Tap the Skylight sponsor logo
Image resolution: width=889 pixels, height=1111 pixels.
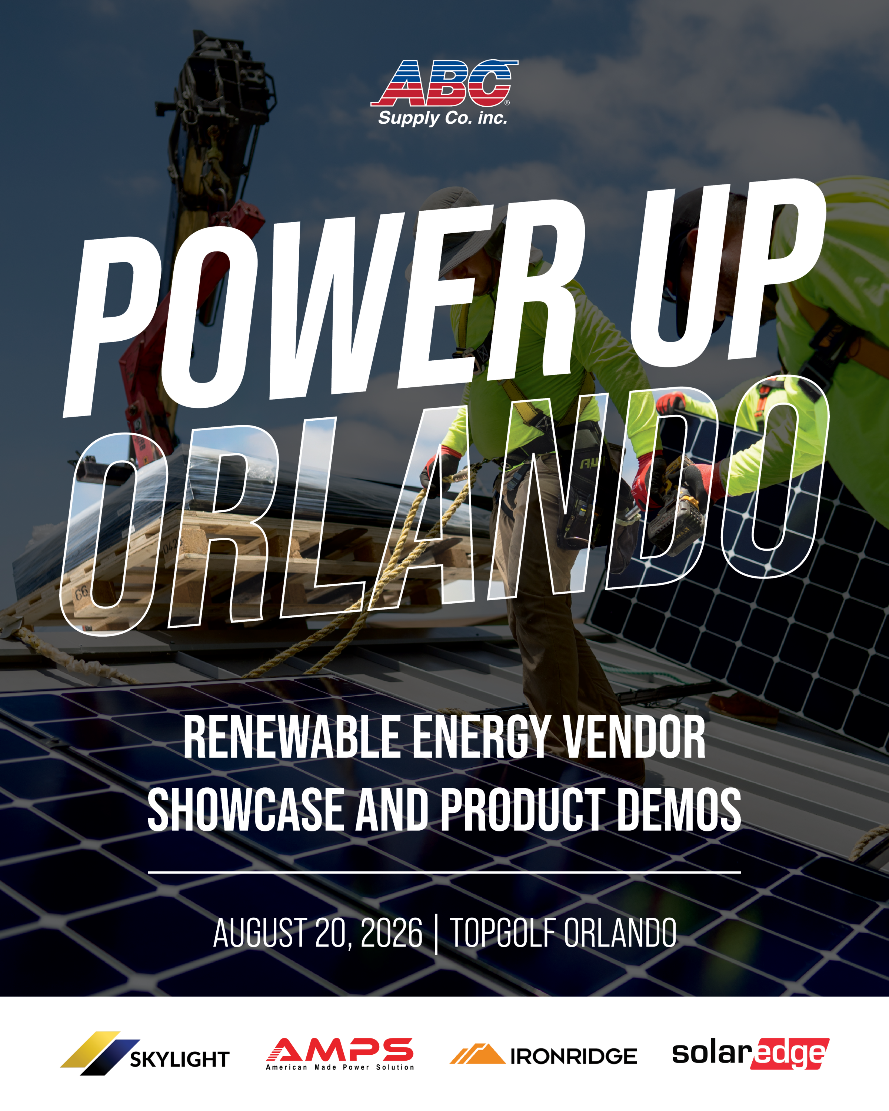145,1053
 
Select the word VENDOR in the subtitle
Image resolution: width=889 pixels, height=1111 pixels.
634,738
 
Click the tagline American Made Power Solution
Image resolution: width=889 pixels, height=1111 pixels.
340,1067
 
